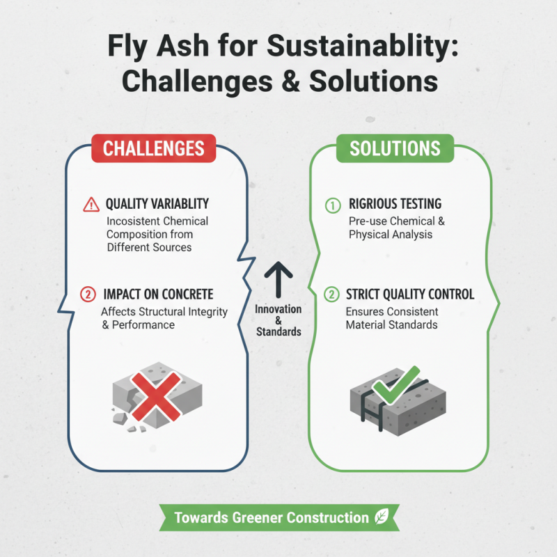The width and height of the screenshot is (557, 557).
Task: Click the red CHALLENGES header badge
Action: [x=154, y=148]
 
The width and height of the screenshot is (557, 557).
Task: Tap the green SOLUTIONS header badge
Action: [x=395, y=148]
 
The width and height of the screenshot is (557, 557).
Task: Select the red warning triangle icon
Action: [x=91, y=205]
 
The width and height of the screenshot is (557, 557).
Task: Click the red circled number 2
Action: [x=88, y=294]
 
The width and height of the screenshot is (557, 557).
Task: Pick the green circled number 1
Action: [x=332, y=205]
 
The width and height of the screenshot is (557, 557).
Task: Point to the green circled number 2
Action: [x=332, y=294]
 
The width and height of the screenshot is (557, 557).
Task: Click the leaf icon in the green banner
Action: [x=382, y=517]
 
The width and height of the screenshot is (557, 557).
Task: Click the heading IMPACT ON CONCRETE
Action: [x=159, y=294]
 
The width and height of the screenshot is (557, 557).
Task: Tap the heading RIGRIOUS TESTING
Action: [x=395, y=205]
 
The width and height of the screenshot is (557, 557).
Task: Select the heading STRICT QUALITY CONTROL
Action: [x=409, y=294]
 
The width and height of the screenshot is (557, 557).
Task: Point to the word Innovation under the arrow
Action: [x=278, y=309]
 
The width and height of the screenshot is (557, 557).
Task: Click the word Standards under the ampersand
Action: [x=278, y=331]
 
